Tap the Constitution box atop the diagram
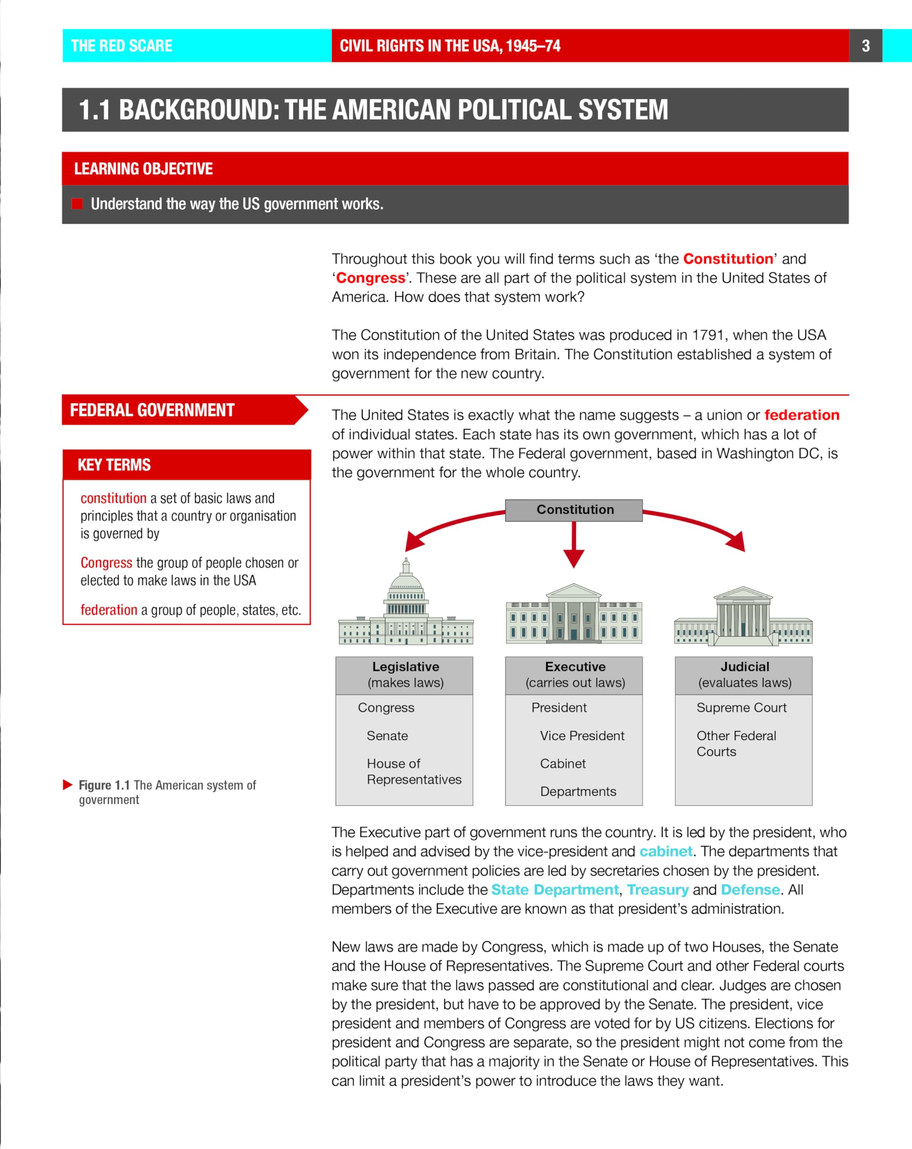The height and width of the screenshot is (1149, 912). click(x=574, y=509)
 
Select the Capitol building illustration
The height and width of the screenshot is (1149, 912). click(x=406, y=605)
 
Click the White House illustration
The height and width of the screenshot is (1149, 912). click(x=574, y=613)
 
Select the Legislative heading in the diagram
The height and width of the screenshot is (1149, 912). click(x=406, y=667)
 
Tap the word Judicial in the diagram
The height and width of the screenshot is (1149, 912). click(x=745, y=667)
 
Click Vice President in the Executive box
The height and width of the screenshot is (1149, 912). click(x=582, y=736)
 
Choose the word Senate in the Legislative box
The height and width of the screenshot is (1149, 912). click(x=387, y=736)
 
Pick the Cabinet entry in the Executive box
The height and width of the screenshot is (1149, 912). click(x=562, y=764)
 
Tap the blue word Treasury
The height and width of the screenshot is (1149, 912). click(x=658, y=890)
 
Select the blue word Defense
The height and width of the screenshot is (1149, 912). click(x=750, y=890)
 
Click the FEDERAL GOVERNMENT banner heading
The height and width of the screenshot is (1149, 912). click(x=153, y=410)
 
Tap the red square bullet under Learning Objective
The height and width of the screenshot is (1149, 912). click(x=77, y=204)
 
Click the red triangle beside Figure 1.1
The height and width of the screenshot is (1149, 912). click(x=68, y=785)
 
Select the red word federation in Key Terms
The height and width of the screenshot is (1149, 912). click(x=109, y=610)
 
